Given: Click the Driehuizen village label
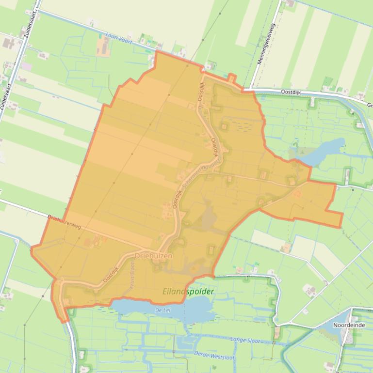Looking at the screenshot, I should click(x=153, y=255).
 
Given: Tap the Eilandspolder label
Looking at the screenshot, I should click(x=188, y=292).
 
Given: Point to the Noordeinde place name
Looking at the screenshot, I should click(x=349, y=325).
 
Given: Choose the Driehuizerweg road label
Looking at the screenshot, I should click(x=65, y=222).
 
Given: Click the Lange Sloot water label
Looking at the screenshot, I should click(x=245, y=341).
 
